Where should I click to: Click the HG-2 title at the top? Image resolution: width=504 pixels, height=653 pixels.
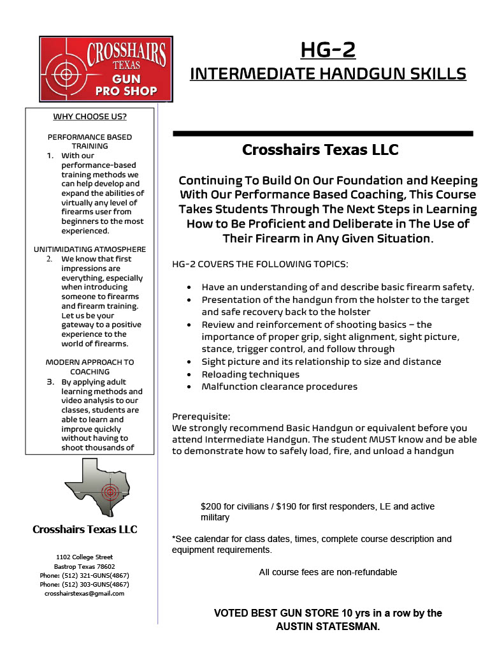point(328,49)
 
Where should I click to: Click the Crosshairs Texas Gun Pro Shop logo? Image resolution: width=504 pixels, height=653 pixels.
point(106,70)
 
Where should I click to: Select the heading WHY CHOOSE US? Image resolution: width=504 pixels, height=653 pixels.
point(89,117)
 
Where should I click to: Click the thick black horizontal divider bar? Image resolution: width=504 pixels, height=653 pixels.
point(322,133)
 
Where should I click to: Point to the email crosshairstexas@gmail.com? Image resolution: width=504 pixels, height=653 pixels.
point(85,593)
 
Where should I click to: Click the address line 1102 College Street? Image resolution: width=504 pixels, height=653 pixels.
point(85,557)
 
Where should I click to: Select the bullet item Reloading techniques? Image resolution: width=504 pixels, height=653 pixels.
point(251,374)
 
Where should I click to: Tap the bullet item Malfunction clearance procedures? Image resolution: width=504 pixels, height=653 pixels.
point(279,386)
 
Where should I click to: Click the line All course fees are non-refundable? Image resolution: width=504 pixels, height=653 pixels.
point(328,572)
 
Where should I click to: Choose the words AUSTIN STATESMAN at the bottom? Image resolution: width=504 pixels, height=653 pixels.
point(327,626)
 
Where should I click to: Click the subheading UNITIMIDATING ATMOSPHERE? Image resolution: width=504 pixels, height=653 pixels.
point(89,249)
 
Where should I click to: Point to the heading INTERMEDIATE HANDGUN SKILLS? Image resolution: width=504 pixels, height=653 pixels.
point(328,74)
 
